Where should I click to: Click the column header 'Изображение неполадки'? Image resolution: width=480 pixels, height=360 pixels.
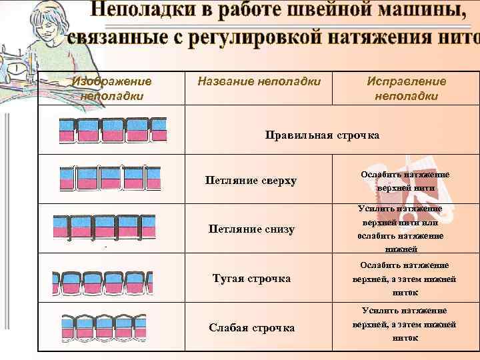coord(112,88)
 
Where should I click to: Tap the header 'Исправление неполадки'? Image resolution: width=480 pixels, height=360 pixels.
coord(406,88)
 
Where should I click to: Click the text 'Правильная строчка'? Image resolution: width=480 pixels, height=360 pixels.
coord(322,135)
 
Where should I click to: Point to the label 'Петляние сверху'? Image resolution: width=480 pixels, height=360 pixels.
coord(251,181)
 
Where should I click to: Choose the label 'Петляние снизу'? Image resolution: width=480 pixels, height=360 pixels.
coord(251,229)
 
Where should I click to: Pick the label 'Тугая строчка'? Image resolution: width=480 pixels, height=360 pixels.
coord(251,278)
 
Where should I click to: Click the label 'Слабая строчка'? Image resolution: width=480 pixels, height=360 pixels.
coord(251,327)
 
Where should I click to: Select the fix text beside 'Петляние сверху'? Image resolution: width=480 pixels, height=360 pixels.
coord(405,181)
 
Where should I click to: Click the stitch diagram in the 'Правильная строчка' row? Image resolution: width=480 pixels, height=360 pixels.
coord(112,131)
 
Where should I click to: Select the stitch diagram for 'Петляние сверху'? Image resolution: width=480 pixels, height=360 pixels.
coord(111,177)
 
